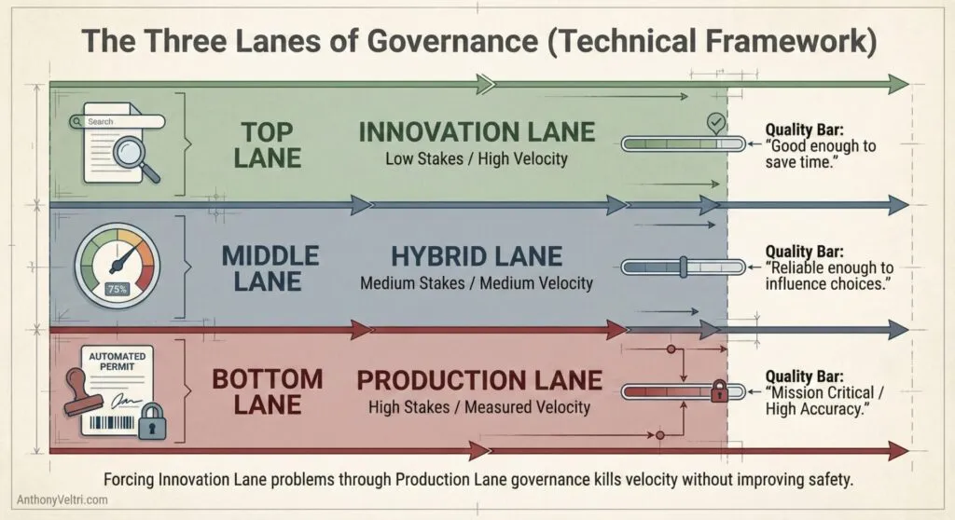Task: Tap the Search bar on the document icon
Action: click(122, 121)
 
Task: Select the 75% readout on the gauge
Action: click(118, 288)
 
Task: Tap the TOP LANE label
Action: click(268, 144)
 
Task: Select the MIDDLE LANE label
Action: click(270, 267)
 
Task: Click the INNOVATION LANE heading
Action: click(477, 131)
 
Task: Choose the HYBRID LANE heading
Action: click(477, 256)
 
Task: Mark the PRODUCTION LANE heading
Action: click(479, 380)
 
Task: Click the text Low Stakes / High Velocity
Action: click(477, 158)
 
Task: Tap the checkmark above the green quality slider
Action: click(714, 122)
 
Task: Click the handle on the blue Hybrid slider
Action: click(683, 267)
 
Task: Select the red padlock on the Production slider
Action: click(719, 390)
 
